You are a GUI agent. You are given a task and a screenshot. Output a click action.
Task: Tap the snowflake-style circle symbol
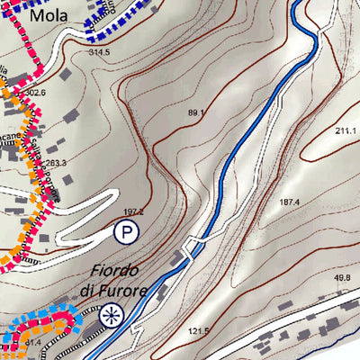(x=111, y=315)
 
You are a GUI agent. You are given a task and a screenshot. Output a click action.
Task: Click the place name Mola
(x=47, y=15)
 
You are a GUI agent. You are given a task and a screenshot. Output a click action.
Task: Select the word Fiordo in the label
(x=113, y=271)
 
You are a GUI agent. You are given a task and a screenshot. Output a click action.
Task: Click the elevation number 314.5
(x=99, y=53)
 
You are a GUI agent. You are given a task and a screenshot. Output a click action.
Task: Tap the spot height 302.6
(x=36, y=92)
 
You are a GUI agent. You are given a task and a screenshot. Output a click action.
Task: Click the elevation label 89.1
(x=196, y=112)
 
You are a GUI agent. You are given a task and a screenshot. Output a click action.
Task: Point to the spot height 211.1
(x=346, y=131)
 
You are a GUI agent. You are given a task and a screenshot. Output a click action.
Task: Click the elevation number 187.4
(x=289, y=202)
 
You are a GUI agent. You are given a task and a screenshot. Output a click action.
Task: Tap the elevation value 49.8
(x=342, y=278)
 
